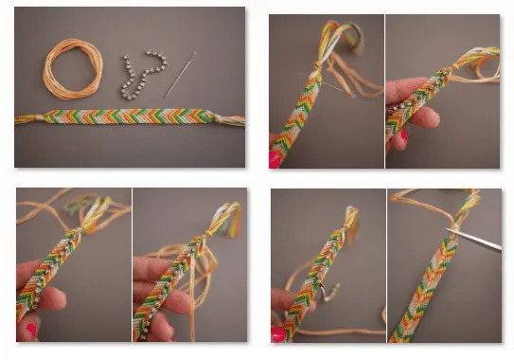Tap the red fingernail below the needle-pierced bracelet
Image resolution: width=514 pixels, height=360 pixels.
click(x=275, y=158)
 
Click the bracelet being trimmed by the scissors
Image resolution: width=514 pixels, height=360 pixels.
click(x=431, y=284)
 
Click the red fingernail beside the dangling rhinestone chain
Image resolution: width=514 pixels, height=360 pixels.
click(x=277, y=333)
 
